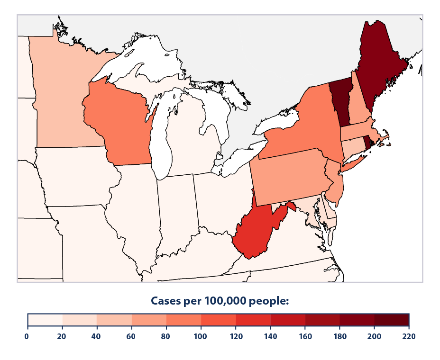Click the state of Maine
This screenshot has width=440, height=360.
pyautogui.click(x=379, y=62)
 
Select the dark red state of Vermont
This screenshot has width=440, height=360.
pyautogui.click(x=339, y=102)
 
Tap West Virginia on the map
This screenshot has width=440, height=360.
pyautogui.click(x=256, y=232)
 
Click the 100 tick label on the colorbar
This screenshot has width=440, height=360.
pyautogui.click(x=201, y=337)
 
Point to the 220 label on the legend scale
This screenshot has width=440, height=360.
pyautogui.click(x=409, y=337)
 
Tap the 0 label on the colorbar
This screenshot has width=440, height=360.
pyautogui.click(x=27, y=337)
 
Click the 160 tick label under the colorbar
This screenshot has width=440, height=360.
pyautogui.click(x=305, y=337)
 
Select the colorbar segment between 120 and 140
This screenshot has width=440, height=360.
pyautogui.click(x=253, y=320)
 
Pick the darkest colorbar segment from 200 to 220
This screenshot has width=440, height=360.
pyautogui.click(x=391, y=320)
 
